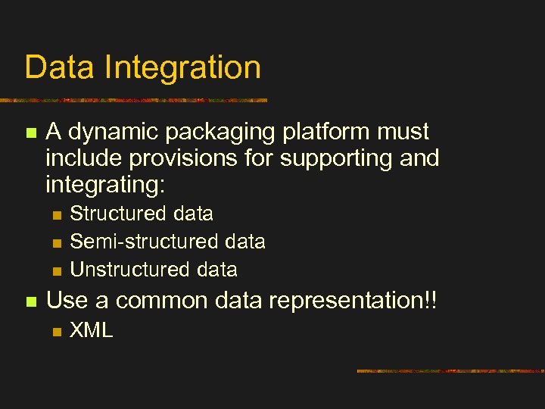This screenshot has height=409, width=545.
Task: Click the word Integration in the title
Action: pyautogui.click(x=183, y=68)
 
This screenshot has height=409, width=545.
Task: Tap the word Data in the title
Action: pyautogui.click(x=59, y=67)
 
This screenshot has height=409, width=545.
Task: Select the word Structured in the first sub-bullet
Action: pyautogui.click(x=119, y=214)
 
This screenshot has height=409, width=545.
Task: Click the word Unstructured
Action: pyautogui.click(x=129, y=270)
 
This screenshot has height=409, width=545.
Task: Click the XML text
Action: pyautogui.click(x=92, y=330)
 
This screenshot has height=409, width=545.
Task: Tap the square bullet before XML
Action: pyautogui.click(x=55, y=330)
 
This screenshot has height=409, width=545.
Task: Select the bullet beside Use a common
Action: pyautogui.click(x=30, y=301)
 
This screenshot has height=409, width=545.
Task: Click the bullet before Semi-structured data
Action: pyautogui.click(x=55, y=242)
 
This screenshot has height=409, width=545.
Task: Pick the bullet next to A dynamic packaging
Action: pyautogui.click(x=30, y=133)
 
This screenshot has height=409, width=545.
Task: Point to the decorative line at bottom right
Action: pyautogui.click(x=450, y=371)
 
